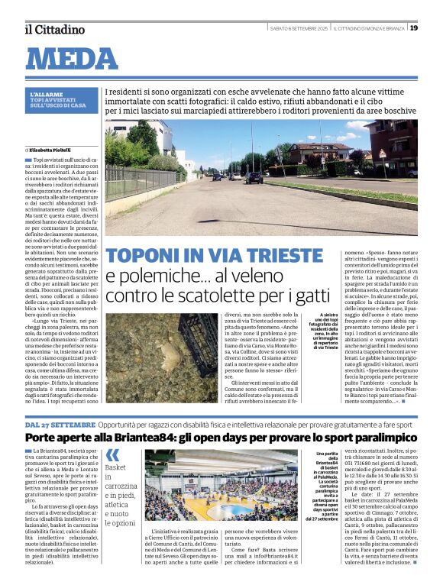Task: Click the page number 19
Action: coord(413,28)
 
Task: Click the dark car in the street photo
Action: coord(251,178)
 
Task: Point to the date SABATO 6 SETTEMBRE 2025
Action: coord(296,28)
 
